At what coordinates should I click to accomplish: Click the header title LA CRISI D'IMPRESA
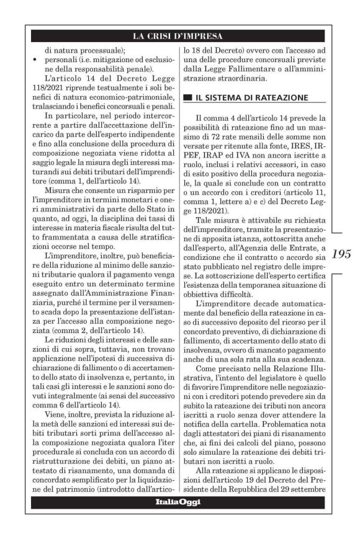coord(179,35)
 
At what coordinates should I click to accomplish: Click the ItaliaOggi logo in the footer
coord(179,502)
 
